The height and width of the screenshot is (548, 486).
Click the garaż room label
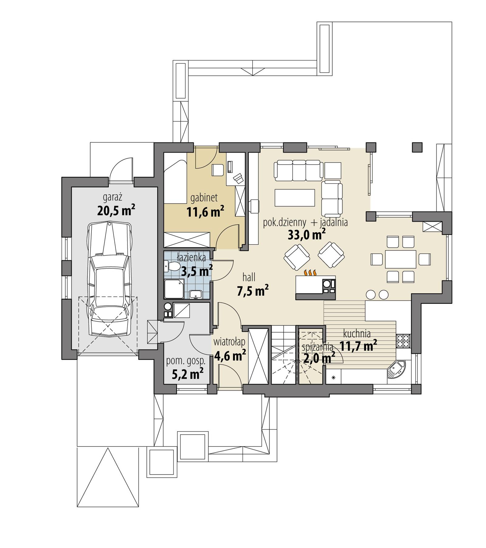(x=112, y=197)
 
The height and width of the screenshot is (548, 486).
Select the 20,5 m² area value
(x=116, y=210)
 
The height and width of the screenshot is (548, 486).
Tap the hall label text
(x=248, y=277)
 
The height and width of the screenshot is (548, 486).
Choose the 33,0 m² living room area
(x=306, y=234)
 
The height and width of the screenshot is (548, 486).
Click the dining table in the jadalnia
(x=400, y=259)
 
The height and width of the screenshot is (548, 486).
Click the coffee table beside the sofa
(x=295, y=197)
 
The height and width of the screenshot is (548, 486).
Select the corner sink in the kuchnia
(x=396, y=369)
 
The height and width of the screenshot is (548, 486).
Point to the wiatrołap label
(x=229, y=342)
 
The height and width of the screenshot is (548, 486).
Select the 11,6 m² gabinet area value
(x=205, y=211)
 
